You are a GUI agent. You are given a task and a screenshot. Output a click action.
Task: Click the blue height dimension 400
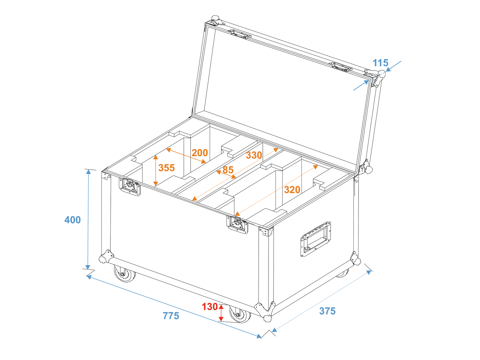point(73,220)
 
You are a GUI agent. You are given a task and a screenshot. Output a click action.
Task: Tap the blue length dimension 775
point(171,316)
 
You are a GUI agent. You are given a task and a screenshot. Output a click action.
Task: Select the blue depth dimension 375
point(327,311)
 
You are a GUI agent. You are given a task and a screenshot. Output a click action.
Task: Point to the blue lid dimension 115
point(380,63)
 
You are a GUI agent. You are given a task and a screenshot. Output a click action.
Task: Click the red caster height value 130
point(210,307)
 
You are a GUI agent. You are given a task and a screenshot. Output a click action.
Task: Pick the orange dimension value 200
point(200,153)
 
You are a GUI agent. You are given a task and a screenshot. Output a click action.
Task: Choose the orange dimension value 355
point(166,168)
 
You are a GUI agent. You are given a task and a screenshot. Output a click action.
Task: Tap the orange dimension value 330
point(254,155)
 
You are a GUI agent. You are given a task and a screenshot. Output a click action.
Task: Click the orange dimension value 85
point(228,170)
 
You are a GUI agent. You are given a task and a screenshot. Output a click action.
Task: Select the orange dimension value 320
point(292,190)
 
